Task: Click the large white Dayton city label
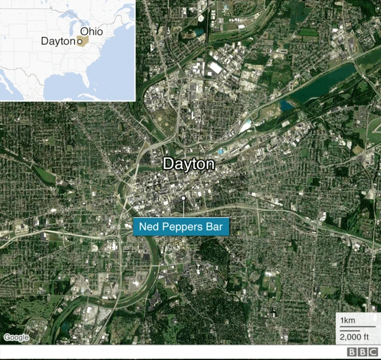(188, 164)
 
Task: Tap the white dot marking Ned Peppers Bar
(184, 198)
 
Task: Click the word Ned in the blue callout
(148, 227)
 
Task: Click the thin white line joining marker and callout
(184, 209)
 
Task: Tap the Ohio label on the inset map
(91, 31)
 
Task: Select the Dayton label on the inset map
(58, 41)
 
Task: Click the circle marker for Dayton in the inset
(79, 42)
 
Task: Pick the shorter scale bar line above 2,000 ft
(351, 330)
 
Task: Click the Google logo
(16, 337)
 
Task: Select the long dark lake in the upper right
(324, 83)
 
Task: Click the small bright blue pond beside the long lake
(286, 105)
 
